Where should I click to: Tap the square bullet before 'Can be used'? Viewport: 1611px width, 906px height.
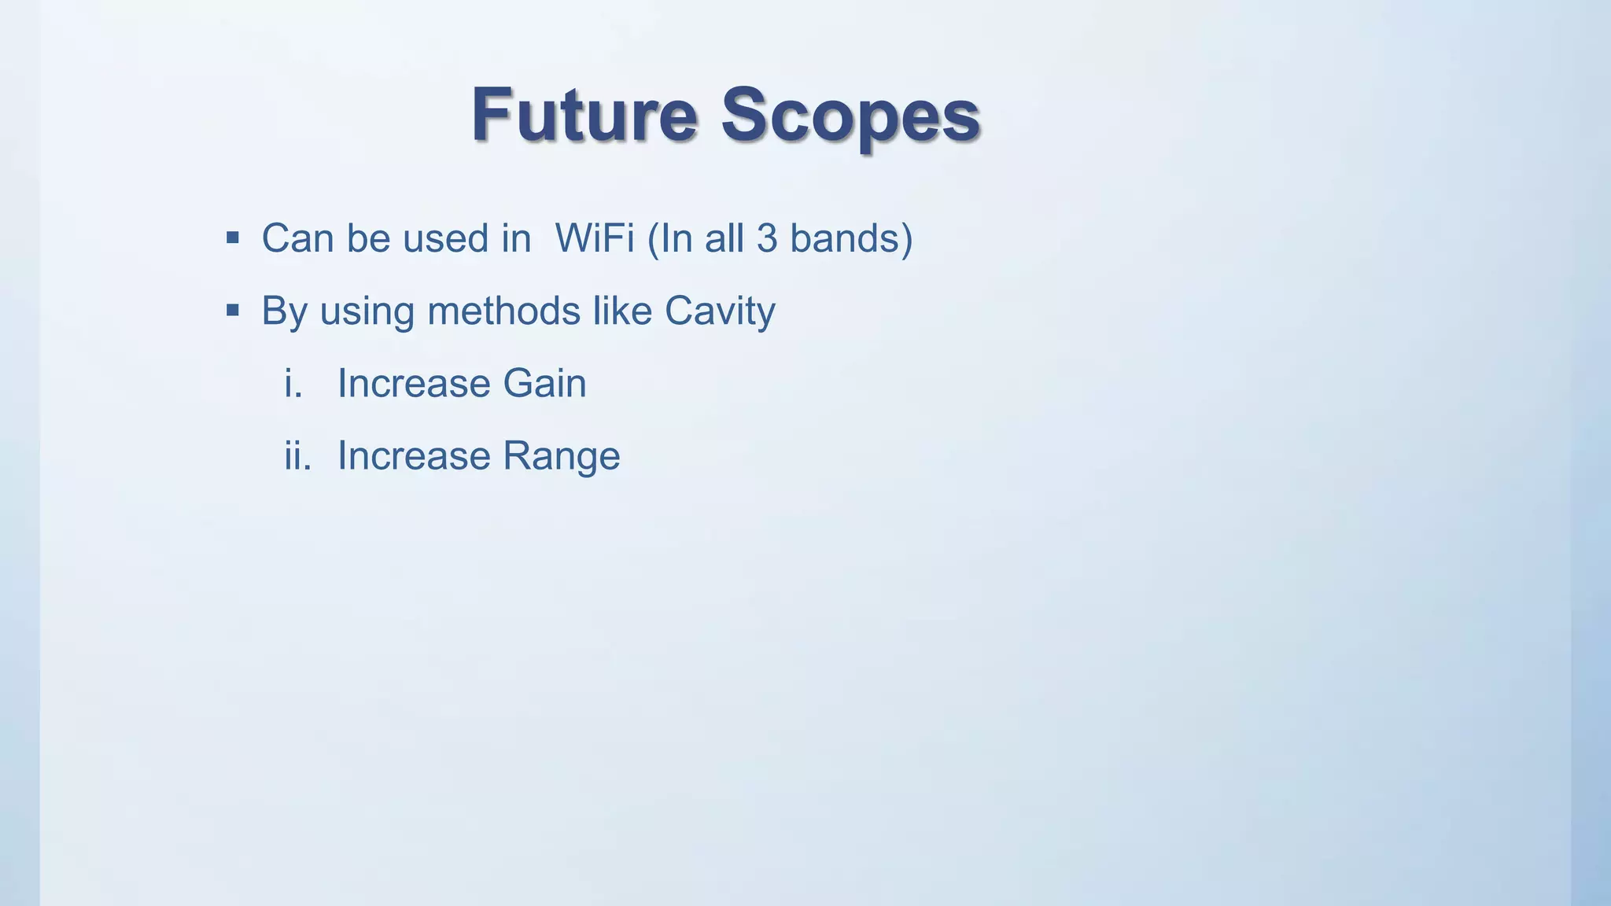coord(232,238)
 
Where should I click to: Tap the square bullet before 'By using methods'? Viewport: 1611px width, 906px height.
coord(232,310)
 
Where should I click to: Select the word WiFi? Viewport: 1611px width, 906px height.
coord(594,238)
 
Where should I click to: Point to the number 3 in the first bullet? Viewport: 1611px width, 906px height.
coord(767,238)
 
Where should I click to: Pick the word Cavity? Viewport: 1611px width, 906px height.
coord(720,311)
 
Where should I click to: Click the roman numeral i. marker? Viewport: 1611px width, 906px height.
coord(293,383)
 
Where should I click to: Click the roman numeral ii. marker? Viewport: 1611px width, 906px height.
coord(297,455)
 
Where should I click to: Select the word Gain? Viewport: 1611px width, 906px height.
coord(544,383)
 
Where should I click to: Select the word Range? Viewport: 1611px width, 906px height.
coord(561,457)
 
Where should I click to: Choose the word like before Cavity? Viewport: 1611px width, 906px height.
coord(621,310)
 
